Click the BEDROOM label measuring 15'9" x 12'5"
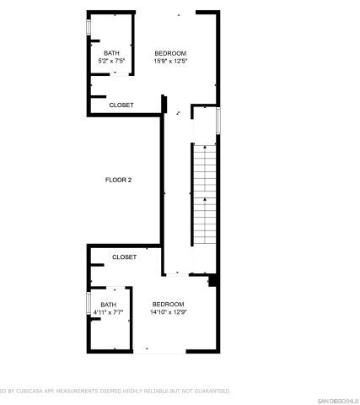(169, 53)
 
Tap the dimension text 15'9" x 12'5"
(169, 61)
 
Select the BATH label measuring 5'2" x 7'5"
(111, 53)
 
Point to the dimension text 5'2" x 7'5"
(111, 61)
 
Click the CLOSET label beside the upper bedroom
(121, 105)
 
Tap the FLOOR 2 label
(118, 180)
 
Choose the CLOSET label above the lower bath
(124, 256)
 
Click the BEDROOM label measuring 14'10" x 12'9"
(168, 304)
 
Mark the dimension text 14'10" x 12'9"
(168, 311)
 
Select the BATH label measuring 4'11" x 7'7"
(108, 305)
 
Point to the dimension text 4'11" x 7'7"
(108, 312)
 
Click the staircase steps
(205, 198)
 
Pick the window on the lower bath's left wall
(88, 304)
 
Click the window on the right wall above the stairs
(218, 120)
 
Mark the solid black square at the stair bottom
(213, 281)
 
